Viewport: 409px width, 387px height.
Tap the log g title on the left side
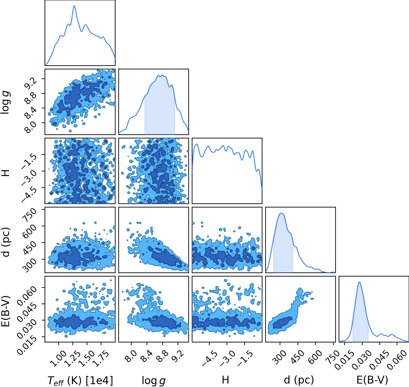click(5, 102)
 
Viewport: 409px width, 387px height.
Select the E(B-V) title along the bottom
click(372, 380)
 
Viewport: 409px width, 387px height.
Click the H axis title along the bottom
click(225, 380)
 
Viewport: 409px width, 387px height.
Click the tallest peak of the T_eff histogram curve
click(74, 6)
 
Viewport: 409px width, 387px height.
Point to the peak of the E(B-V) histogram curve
click(359, 282)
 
